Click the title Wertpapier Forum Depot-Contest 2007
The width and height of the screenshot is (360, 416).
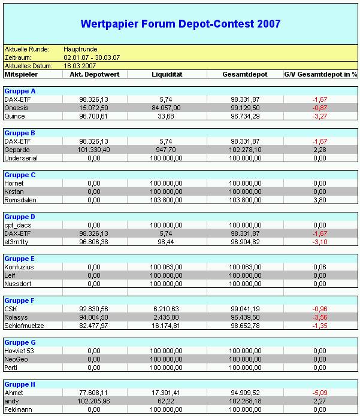(x=180, y=25)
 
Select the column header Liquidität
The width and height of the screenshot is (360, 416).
(x=166, y=74)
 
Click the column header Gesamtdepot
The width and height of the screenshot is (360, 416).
(x=244, y=74)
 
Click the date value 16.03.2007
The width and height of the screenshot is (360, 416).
(x=80, y=65)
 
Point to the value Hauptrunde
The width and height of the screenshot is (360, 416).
(x=80, y=49)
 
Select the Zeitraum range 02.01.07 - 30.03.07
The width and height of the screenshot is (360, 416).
(x=92, y=57)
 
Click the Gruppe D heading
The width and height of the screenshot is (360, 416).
(x=20, y=216)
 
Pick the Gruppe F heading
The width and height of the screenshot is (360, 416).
(x=20, y=300)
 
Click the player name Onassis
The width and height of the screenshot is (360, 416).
(x=16, y=108)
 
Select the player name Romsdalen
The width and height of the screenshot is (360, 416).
(x=20, y=200)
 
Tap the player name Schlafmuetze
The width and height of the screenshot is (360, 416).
(x=24, y=326)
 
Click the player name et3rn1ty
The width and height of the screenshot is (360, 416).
(x=17, y=242)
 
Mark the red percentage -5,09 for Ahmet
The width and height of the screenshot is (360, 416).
(x=318, y=393)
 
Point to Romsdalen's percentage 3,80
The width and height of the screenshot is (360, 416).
(x=319, y=200)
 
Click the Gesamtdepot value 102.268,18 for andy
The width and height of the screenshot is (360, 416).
(x=244, y=401)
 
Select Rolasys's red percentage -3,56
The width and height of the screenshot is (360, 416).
(x=318, y=317)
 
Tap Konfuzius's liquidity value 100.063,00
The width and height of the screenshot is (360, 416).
(x=166, y=267)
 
